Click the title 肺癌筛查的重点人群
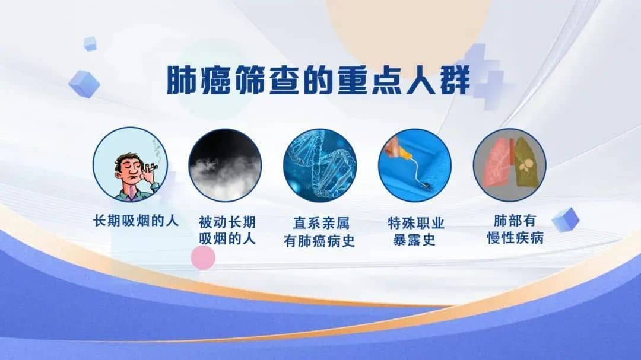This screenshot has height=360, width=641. click(x=319, y=79)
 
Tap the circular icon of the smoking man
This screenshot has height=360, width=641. click(x=130, y=165)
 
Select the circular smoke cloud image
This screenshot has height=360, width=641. click(x=225, y=165)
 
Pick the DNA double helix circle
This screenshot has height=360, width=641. click(x=320, y=165)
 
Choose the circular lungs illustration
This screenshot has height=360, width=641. click(x=509, y=165)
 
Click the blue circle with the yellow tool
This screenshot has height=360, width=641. click(x=415, y=165)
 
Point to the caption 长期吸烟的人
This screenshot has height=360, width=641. click(x=136, y=221)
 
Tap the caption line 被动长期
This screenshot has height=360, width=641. click(x=227, y=222)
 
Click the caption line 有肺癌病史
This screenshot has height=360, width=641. click(x=319, y=241)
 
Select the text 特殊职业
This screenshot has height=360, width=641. click(x=415, y=223)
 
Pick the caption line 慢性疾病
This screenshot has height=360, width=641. click(x=515, y=238)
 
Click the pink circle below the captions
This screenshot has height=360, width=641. click(x=203, y=257)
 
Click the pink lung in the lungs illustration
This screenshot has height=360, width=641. click(x=496, y=164)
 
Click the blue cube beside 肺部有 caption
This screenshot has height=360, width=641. click(x=566, y=220)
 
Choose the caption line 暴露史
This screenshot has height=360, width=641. click(x=414, y=240)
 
